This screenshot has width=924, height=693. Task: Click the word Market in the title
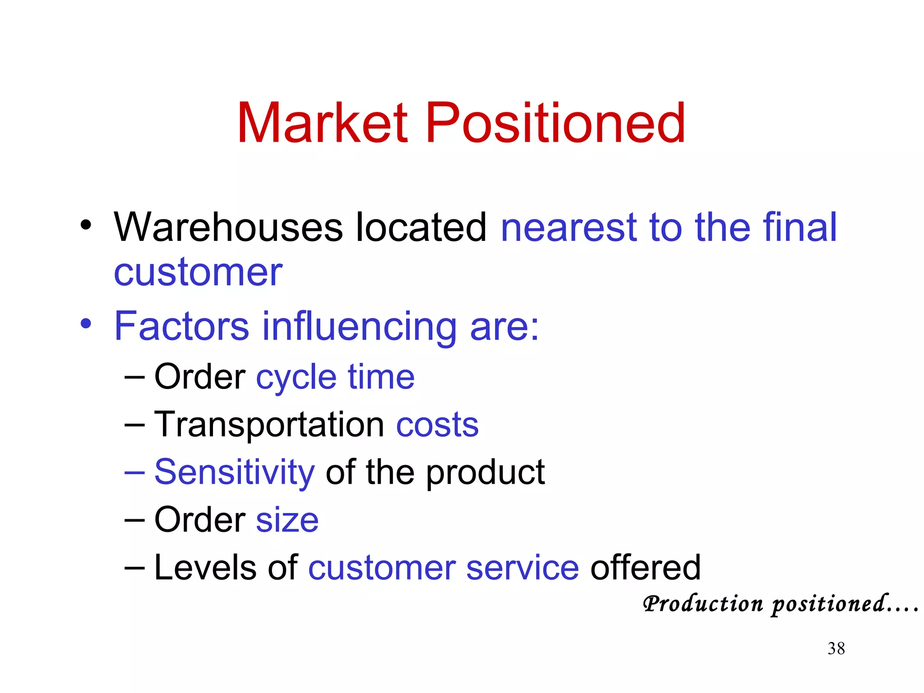click(x=323, y=123)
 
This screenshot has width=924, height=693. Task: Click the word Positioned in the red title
click(x=555, y=123)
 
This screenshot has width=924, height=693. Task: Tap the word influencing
click(x=360, y=327)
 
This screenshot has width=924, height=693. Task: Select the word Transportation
click(x=269, y=425)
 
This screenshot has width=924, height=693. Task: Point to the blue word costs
click(x=437, y=425)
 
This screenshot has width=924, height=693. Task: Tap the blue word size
click(x=287, y=520)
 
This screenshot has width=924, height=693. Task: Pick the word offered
click(x=646, y=568)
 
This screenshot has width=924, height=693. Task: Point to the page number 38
click(x=836, y=649)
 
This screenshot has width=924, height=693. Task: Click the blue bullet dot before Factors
click(x=86, y=323)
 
